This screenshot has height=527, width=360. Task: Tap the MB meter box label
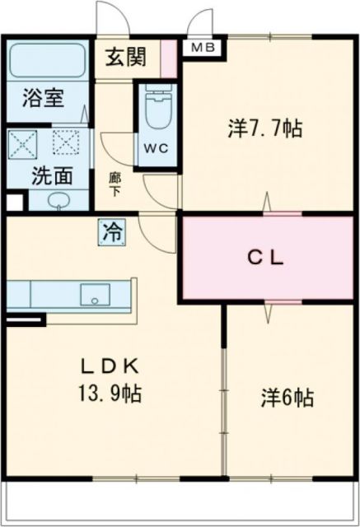pyautogui.click(x=202, y=48)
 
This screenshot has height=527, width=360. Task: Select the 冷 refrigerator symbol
pyautogui.click(x=111, y=231)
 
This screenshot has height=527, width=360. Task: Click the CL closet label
pyautogui.click(x=267, y=257)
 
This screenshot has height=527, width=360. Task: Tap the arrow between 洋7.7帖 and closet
pyautogui.click(x=266, y=203)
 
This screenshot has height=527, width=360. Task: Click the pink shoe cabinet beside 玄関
pyautogui.click(x=168, y=58)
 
